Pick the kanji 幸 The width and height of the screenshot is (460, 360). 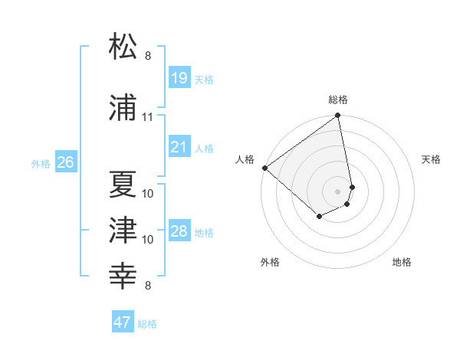[x=123, y=274]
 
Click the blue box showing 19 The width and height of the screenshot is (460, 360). [x=179, y=78]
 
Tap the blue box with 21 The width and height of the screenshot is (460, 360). [x=179, y=147]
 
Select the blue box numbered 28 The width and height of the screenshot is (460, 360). [x=179, y=231]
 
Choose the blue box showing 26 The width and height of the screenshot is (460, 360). [x=65, y=162]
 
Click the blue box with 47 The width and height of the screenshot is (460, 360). [x=123, y=322]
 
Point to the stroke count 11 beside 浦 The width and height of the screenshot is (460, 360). [x=147, y=117]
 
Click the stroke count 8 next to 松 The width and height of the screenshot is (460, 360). [x=148, y=56]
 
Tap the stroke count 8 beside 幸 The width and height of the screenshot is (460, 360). [x=148, y=286]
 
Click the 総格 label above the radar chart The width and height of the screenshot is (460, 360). [x=338, y=100]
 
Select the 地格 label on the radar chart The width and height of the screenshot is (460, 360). [x=402, y=262]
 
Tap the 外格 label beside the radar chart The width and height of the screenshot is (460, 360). [x=270, y=262]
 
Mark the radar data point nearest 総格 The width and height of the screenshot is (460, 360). [x=338, y=116]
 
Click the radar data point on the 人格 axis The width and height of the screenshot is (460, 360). [x=264, y=168]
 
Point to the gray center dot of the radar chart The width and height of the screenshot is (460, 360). [x=338, y=191]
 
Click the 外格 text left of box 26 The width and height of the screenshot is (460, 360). [x=40, y=162]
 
